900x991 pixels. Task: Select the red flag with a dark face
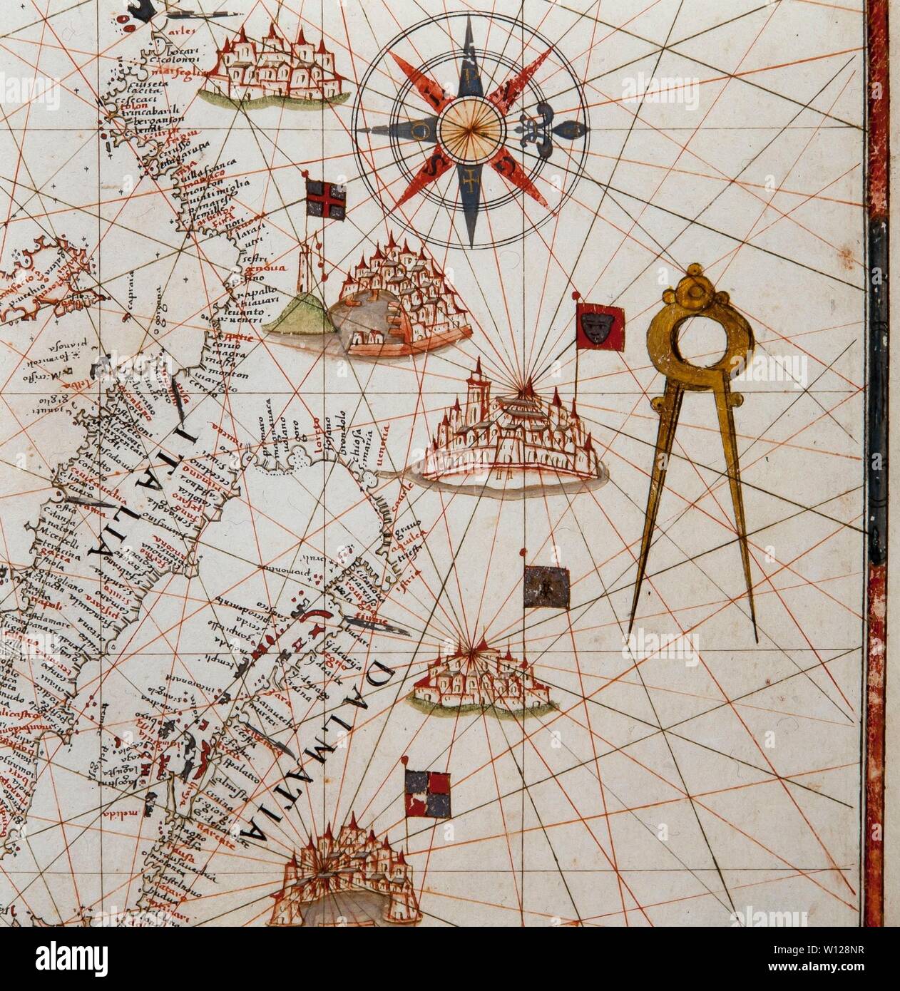[x=600, y=327]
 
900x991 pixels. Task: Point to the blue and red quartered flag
[x=428, y=794]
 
